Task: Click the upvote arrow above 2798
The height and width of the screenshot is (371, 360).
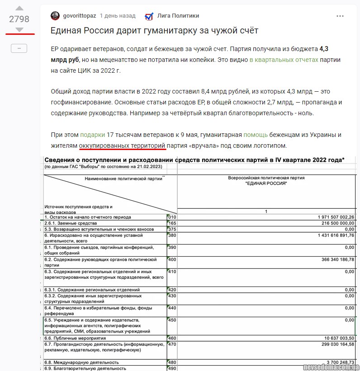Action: tap(19, 8)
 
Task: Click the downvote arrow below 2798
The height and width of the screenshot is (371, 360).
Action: tap(19, 29)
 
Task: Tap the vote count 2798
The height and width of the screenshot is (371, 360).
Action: tap(19, 19)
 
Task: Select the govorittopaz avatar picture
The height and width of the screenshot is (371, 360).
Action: tap(55, 16)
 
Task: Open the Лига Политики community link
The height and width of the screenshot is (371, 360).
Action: tap(178, 16)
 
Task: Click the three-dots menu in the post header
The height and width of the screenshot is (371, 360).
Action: tap(340, 16)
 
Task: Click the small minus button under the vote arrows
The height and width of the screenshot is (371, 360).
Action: tap(19, 48)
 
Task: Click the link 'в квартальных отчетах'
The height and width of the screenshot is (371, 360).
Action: tap(284, 60)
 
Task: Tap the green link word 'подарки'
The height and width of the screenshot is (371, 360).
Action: tap(92, 135)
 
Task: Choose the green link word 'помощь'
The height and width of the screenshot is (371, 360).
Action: tap(255, 135)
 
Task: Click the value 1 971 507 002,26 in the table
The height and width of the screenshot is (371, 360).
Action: tap(329, 217)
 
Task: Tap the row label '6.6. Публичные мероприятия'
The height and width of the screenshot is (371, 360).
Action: tap(75, 338)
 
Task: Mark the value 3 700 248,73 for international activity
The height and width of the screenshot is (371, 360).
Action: tap(334, 362)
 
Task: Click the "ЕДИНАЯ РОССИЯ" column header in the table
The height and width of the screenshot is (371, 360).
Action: tap(266, 183)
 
